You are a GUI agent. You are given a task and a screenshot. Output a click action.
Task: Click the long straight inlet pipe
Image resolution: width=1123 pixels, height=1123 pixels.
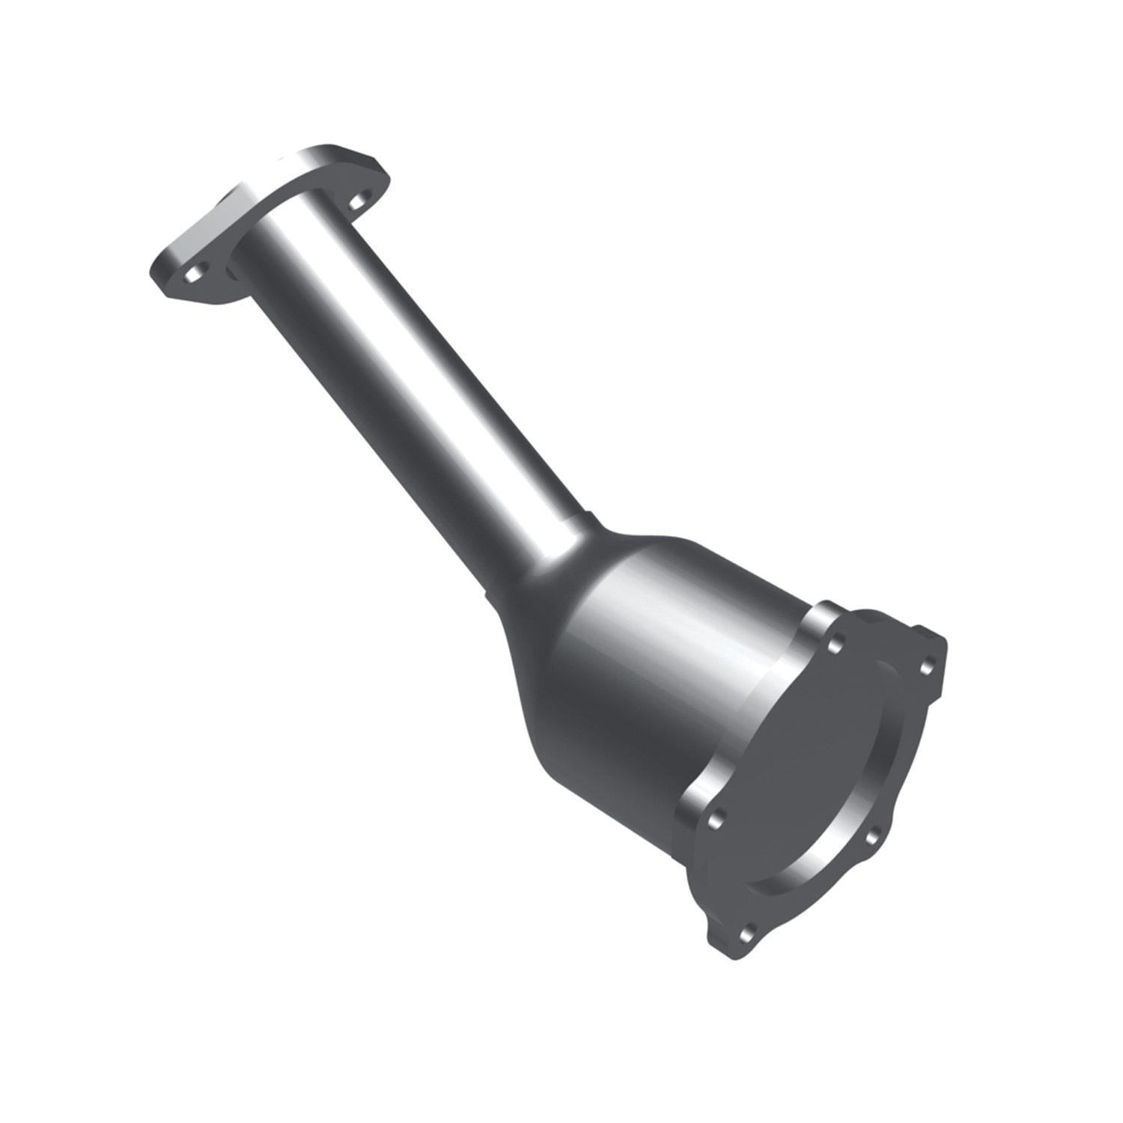click(x=404, y=374)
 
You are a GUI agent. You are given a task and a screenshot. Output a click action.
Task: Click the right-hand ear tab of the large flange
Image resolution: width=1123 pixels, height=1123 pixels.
click(x=936, y=659)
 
